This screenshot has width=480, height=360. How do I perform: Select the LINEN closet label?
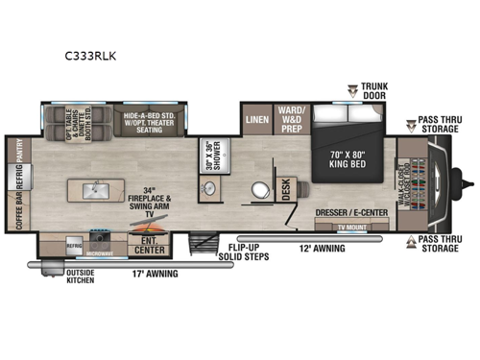coord(256,119)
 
